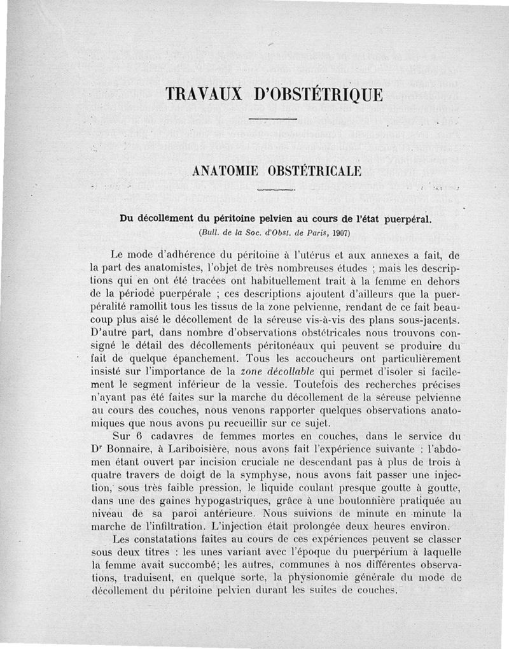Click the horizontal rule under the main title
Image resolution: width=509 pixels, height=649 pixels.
tap(272, 119)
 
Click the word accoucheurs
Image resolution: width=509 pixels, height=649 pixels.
tap(312, 357)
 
